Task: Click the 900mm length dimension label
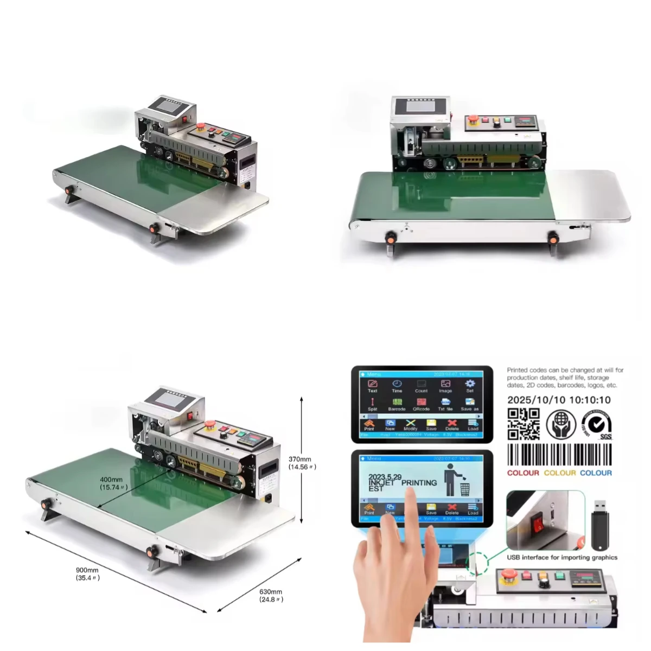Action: [x=87, y=573]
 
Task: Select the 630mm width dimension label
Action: [x=270, y=595]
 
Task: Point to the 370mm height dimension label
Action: [x=302, y=463]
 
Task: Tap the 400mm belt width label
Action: [x=113, y=483]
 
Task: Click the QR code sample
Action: [x=524, y=424]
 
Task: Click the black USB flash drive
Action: [x=599, y=524]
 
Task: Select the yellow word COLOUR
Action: [x=560, y=473]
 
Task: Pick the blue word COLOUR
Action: [x=596, y=473]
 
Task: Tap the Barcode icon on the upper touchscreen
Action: [x=397, y=404]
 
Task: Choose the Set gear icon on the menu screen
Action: [x=470, y=385]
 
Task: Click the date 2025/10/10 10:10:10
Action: [x=559, y=400]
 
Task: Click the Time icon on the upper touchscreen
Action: [x=397, y=386]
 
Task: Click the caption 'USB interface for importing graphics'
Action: [x=562, y=557]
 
